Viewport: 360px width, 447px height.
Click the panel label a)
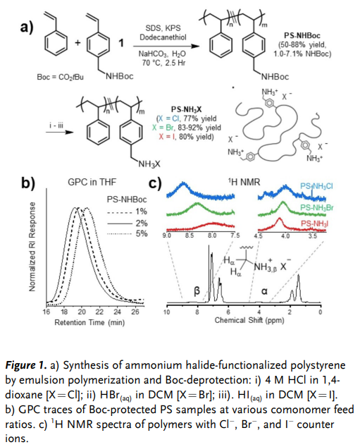27,28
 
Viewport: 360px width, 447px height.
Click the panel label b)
28,183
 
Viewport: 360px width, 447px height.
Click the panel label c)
156,183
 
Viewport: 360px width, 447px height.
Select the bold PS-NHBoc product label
302,36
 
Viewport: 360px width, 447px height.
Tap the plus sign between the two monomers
77,43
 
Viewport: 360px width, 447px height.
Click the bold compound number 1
121,43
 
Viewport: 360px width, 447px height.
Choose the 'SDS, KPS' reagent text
163,28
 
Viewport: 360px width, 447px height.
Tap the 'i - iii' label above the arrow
56,125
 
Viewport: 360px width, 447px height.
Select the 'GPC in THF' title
92,182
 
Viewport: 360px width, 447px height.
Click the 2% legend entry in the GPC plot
127,223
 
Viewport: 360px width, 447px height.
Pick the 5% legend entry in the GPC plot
127,234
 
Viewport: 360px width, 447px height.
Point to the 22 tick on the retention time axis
99,312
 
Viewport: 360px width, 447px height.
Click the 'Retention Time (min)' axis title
89,322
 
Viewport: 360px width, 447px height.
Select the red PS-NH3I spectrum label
314,223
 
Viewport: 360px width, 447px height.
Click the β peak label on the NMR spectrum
197,290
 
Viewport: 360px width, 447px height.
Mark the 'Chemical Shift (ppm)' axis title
249,320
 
